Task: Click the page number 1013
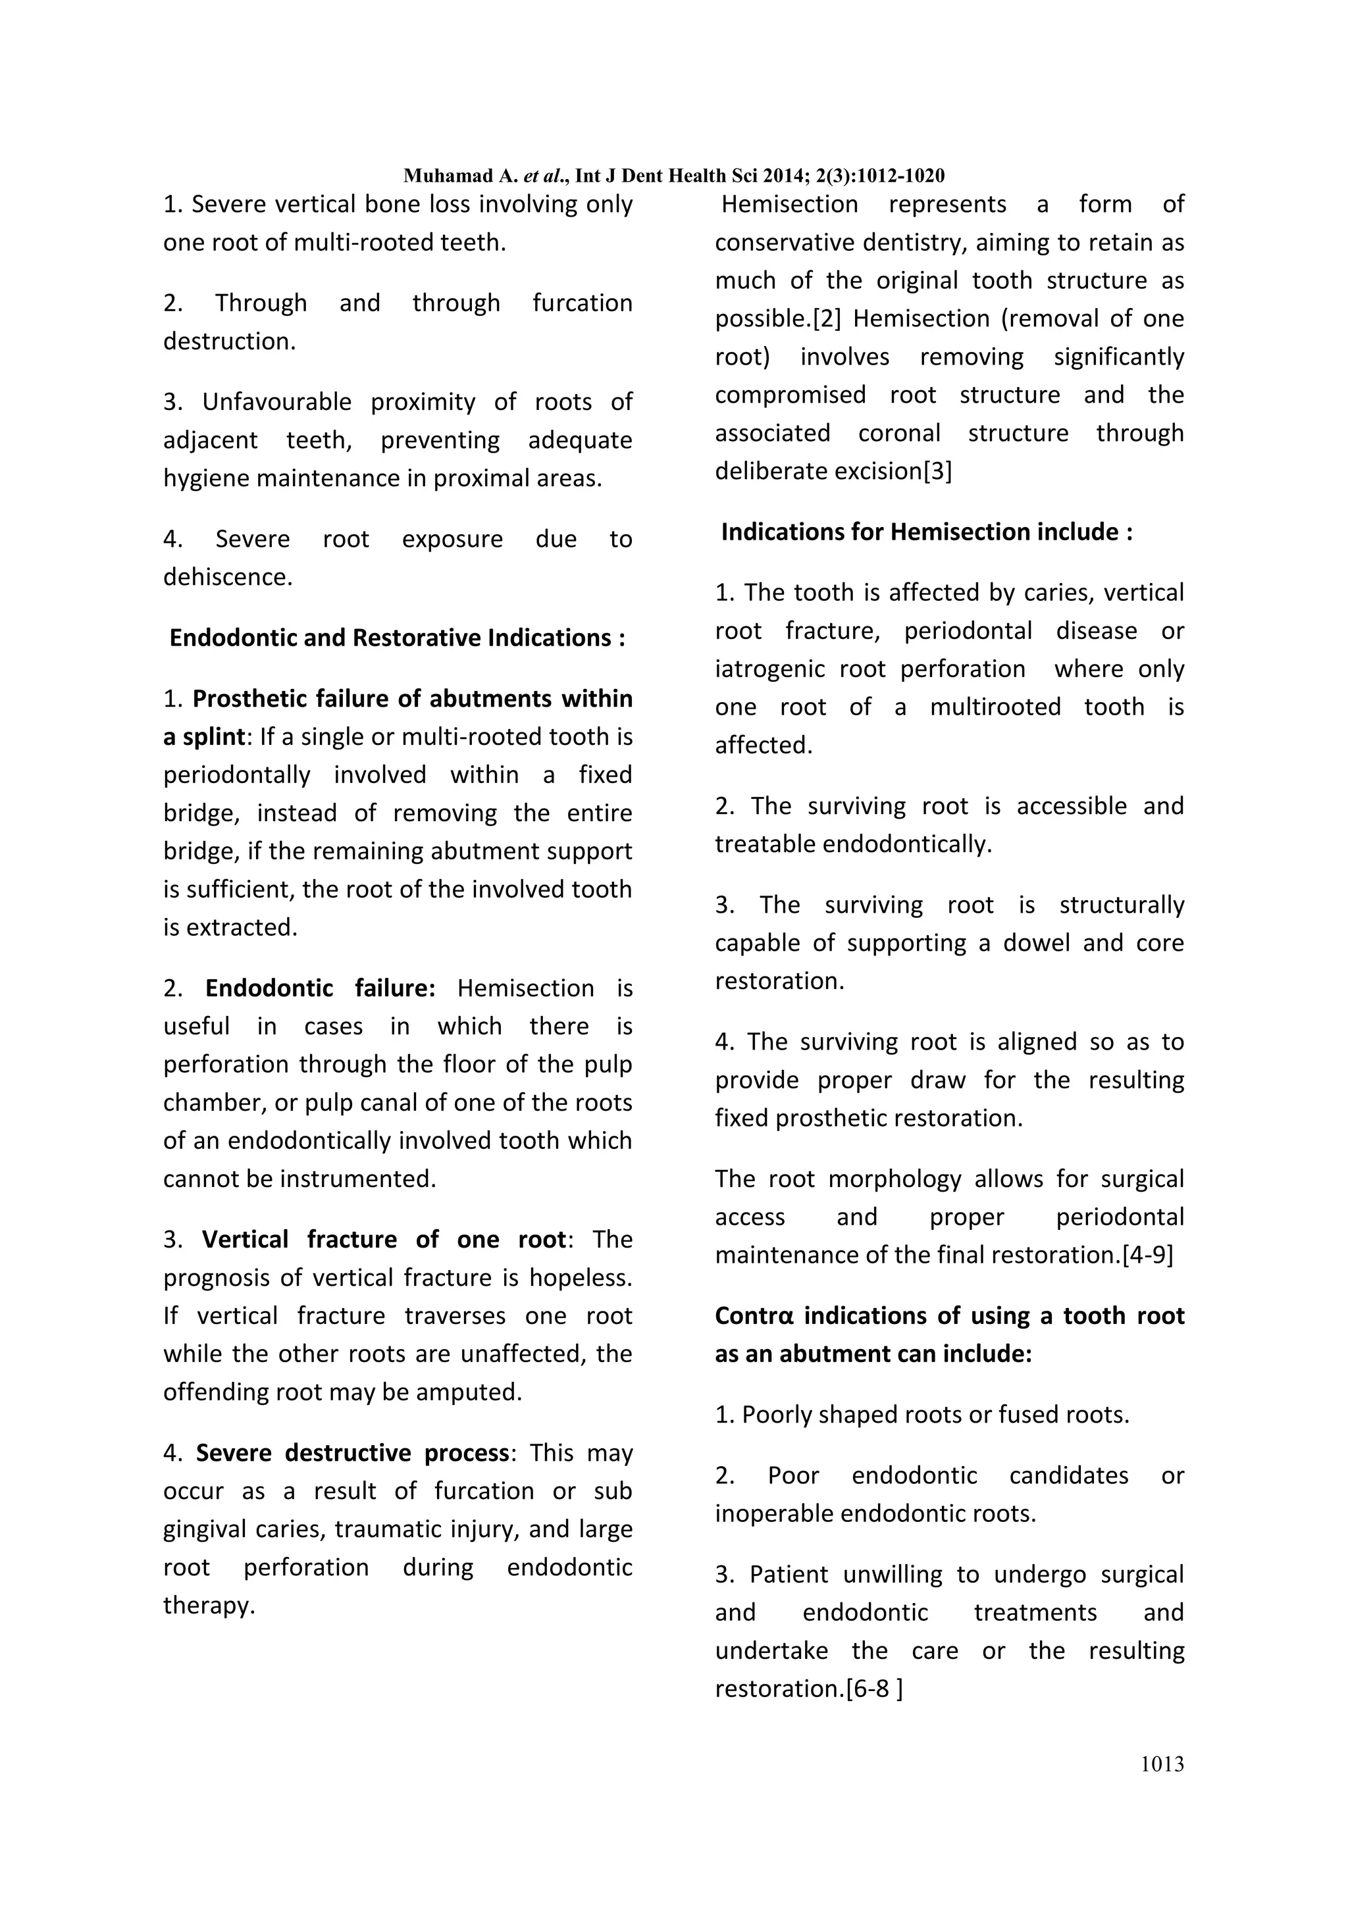tap(1162, 1764)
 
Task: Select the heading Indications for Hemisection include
tap(926, 532)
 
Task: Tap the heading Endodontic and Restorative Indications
tap(397, 638)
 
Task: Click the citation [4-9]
tap(1148, 1254)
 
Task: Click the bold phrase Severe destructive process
tap(352, 1453)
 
